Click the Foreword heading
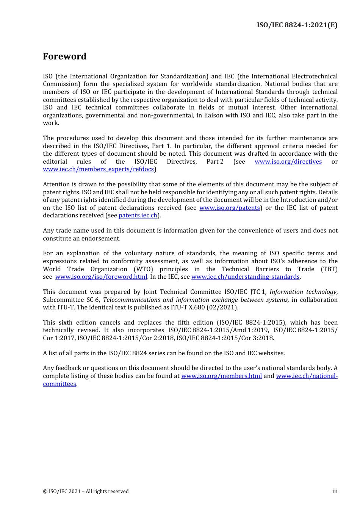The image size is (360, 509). pyautogui.click(x=64, y=56)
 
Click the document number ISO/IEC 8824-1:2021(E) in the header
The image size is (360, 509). pyautogui.click(x=297, y=25)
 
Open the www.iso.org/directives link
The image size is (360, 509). pyautogui.click(x=288, y=162)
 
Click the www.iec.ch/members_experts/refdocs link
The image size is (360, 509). pyautogui.click(x=98, y=169)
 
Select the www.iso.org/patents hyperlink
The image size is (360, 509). pyautogui.click(x=230, y=208)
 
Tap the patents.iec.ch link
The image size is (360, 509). pyautogui.click(x=138, y=215)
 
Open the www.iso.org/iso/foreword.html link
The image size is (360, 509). pyautogui.click(x=101, y=277)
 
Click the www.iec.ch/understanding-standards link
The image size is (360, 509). pyautogui.click(x=245, y=277)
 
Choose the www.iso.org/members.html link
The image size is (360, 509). pyautogui.click(x=221, y=376)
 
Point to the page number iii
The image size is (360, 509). pyautogui.click(x=335, y=491)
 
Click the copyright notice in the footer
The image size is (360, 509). pyautogui.click(x=86, y=492)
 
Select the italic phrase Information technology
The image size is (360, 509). pyautogui.click(x=303, y=292)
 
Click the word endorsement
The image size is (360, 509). pyautogui.click(x=103, y=239)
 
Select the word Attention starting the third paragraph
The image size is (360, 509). pyautogui.click(x=56, y=184)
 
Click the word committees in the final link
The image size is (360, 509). pyautogui.click(x=59, y=384)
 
